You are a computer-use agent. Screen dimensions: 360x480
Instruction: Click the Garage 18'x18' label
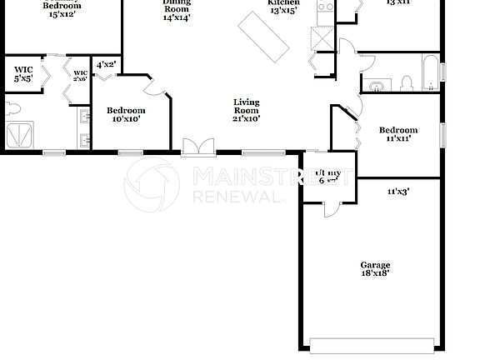pos(375,268)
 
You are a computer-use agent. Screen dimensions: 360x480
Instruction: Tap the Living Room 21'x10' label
pos(246,110)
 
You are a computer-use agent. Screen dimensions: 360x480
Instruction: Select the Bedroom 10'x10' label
pos(126,114)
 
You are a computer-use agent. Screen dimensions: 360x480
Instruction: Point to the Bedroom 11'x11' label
pos(397,133)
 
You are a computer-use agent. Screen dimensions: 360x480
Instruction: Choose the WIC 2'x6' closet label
pos(80,77)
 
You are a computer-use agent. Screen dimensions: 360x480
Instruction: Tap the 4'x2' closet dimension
pos(106,64)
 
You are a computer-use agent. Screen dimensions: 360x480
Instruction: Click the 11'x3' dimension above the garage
pos(397,191)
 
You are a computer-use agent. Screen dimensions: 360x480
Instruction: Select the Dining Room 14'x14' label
pos(176,11)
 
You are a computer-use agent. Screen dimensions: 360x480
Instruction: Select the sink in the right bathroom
pos(376,85)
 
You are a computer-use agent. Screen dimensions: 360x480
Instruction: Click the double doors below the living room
pos(197,147)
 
